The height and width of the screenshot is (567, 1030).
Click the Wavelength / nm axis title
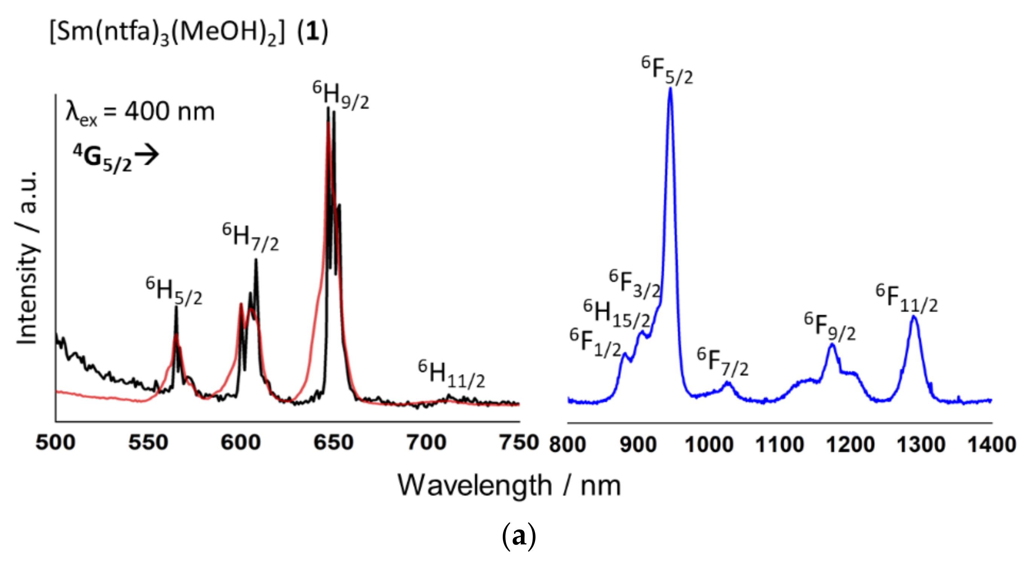pos(509,486)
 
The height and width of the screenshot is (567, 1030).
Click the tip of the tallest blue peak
pos(670,89)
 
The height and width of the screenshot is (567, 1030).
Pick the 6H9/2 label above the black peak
pos(341,96)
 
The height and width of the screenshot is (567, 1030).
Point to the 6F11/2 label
pos(906,299)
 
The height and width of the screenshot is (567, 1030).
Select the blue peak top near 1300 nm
pos(914,317)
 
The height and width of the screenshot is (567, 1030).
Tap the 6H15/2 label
pos(616,314)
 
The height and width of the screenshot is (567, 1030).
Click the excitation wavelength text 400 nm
pos(169,112)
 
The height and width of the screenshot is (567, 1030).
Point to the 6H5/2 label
pos(174,292)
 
